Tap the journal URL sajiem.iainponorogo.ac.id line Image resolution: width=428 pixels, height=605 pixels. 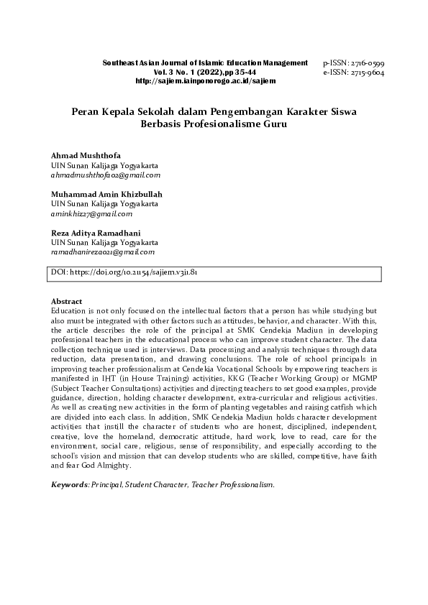206,80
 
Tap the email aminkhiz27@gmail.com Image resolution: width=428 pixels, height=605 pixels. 92,213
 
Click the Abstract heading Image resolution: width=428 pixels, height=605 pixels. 67,301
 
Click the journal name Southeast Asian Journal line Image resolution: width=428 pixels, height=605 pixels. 205,63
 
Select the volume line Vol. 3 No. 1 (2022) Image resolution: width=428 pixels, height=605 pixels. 205,72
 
